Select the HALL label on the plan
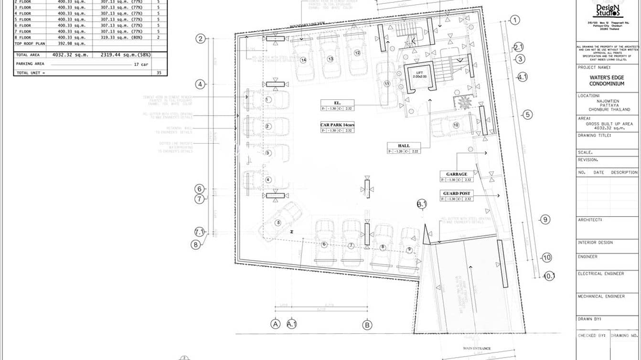[404, 146]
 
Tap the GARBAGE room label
[457, 174]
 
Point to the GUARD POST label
[457, 193]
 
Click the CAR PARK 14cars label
[337, 125]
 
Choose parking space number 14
[303, 60]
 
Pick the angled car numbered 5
[278, 222]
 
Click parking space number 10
[455, 125]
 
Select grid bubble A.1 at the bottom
[292, 324]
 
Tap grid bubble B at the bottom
[367, 325]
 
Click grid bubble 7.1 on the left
[200, 232]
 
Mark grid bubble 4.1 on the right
[522, 77]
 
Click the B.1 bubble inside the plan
[422, 204]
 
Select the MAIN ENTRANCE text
[477, 349]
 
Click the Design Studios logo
[607, 10]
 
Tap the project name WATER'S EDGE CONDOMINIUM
[607, 81]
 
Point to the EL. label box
[337, 102]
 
